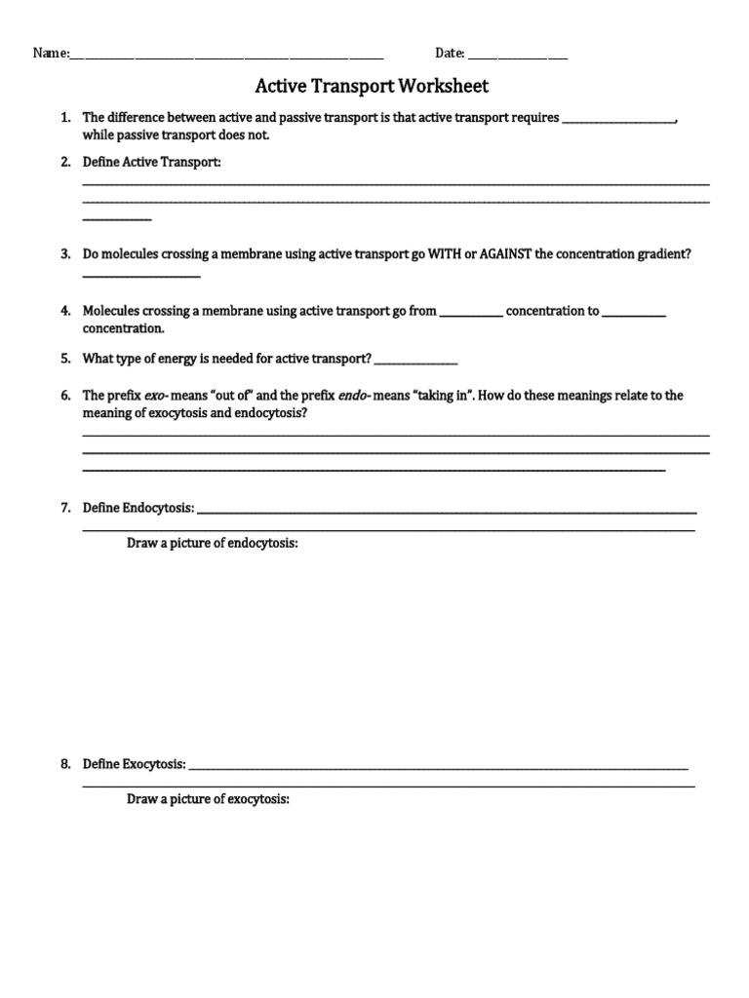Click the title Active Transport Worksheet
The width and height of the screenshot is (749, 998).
click(x=372, y=86)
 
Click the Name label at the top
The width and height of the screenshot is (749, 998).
click(x=51, y=54)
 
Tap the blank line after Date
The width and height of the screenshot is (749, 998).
click(x=518, y=56)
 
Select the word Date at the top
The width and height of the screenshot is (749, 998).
click(x=449, y=54)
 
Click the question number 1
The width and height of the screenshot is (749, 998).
click(x=64, y=118)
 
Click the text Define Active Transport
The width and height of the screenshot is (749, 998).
click(x=152, y=161)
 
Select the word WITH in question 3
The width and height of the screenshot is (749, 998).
click(x=443, y=253)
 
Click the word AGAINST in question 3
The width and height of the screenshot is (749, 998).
click(x=505, y=253)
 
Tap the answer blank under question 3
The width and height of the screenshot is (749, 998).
click(x=141, y=275)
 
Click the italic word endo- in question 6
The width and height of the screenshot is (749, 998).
click(x=354, y=396)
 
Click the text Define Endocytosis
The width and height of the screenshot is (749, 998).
click(x=138, y=508)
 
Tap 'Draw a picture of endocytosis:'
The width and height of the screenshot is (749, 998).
click(x=212, y=543)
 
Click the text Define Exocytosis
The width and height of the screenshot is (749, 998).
click(x=135, y=764)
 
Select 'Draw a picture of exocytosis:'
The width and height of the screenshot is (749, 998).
click(x=209, y=799)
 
